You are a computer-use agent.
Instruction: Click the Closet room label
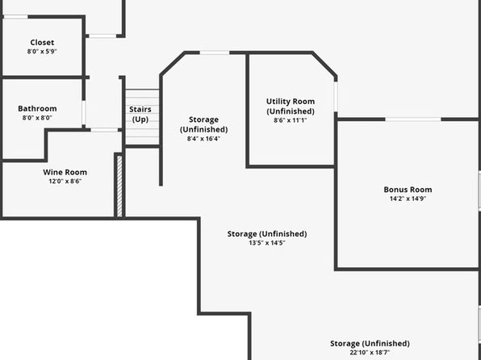[42, 42]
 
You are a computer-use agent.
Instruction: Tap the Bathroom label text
[37, 108]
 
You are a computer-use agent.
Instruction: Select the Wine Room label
[65, 172]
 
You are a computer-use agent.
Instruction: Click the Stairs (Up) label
[140, 114]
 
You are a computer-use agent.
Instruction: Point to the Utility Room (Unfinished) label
[291, 106]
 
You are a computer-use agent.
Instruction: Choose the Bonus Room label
[408, 190]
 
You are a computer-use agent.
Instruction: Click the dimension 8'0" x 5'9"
[42, 51]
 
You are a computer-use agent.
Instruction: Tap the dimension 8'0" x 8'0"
[37, 118]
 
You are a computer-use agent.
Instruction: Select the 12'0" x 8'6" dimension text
[65, 181]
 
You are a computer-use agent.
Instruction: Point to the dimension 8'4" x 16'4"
[203, 139]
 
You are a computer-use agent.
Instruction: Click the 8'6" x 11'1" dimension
[291, 120]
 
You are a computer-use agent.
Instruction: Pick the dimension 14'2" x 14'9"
[408, 199]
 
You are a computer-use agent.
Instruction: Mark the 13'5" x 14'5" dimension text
[267, 243]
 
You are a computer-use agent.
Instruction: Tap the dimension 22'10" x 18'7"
[370, 353]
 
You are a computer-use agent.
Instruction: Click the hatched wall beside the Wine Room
[119, 186]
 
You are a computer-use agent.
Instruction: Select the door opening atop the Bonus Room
[413, 119]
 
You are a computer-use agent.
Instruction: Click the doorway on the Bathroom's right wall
[84, 112]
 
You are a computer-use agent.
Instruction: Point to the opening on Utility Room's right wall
[336, 97]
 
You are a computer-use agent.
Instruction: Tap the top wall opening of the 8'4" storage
[215, 52]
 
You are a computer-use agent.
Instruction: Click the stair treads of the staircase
[142, 117]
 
